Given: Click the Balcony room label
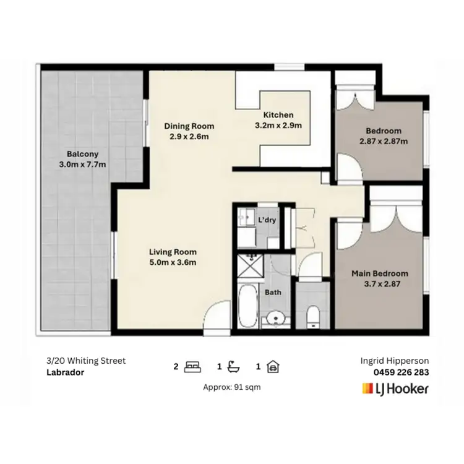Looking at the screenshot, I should (x=82, y=154).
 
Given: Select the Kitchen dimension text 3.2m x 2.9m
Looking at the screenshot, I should (x=278, y=126).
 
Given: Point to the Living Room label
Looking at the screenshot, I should (x=173, y=252).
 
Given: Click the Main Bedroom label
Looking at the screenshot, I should (x=380, y=273).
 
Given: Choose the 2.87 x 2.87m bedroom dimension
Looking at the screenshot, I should (x=384, y=141).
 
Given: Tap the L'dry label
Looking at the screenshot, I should (x=267, y=220).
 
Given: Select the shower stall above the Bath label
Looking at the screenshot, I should (x=252, y=266).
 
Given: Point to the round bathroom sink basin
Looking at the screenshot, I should (x=273, y=320).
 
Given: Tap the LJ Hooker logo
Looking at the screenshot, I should (x=393, y=389).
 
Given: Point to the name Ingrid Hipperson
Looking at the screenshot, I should (x=395, y=361).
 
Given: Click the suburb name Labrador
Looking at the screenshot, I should (x=65, y=372).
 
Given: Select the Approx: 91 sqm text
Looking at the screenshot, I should (x=231, y=387).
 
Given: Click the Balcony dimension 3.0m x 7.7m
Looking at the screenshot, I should (x=82, y=165).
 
